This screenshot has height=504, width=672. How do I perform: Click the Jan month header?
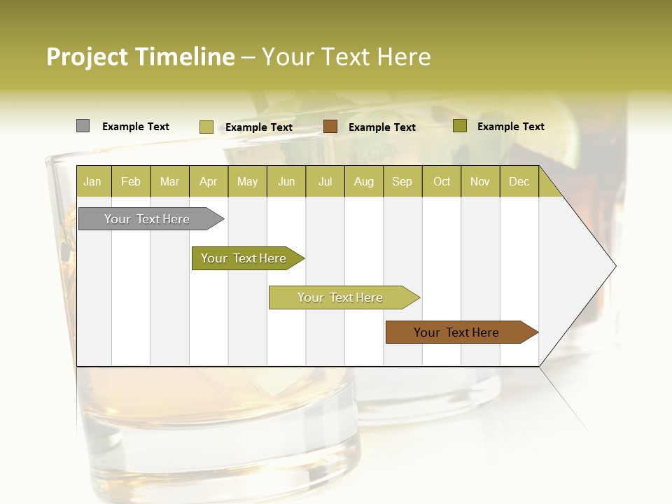92,181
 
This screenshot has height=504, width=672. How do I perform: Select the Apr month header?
208,181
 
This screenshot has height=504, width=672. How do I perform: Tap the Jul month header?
325,181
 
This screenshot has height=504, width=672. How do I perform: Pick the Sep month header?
402,181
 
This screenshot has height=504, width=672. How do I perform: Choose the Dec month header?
519,181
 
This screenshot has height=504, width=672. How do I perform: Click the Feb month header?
131,181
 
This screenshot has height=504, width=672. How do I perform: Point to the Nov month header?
479,181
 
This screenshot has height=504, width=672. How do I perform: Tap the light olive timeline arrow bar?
341,297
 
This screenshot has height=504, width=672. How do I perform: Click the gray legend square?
83,126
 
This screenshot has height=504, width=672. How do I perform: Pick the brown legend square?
330,127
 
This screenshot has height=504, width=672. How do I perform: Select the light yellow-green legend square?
206,127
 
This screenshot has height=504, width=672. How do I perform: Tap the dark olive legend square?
459,126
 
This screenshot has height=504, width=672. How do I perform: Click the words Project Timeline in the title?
140,57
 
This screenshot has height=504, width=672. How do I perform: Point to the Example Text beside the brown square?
381,127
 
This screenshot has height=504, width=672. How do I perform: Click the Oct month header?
442,181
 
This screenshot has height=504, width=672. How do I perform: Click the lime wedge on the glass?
567,140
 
